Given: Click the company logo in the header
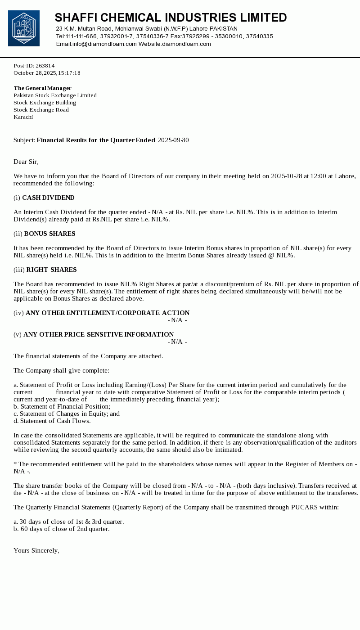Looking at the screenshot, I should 24,28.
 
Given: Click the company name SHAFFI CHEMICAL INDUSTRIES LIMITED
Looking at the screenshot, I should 171,18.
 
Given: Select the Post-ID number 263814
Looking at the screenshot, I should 45,66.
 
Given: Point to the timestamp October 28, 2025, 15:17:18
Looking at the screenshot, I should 47,73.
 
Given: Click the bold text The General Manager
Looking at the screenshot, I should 42,88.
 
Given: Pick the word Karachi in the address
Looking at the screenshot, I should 23,117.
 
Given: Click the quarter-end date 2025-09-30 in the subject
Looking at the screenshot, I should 173,140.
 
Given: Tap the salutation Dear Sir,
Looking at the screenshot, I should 26,162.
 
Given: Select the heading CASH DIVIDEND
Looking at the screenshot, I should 48,198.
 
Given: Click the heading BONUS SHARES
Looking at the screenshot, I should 49,234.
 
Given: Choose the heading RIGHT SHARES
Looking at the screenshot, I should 51,270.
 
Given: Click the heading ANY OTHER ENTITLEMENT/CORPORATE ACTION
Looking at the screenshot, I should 108,313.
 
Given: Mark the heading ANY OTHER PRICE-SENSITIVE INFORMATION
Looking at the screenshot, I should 99,335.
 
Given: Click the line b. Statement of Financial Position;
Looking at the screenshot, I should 62,407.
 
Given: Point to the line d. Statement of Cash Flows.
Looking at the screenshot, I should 52,421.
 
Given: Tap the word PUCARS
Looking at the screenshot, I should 304,508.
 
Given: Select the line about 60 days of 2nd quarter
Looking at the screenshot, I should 61,529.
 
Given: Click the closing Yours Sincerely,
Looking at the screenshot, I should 36,551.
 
